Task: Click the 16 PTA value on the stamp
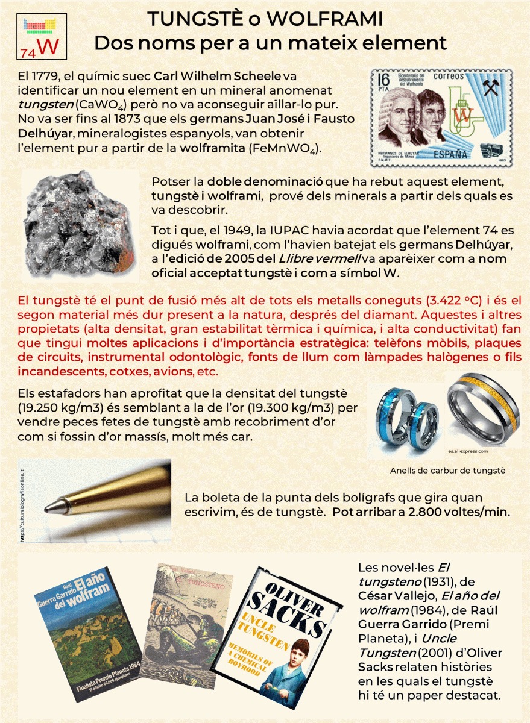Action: (384, 80)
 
